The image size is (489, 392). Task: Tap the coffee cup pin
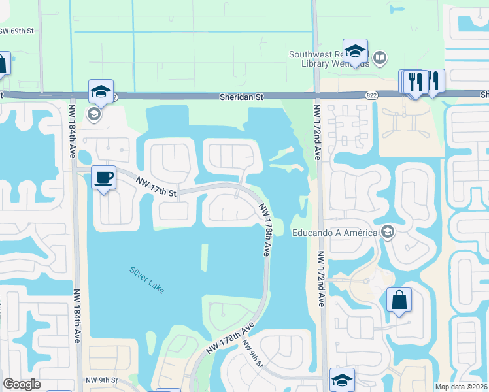(104, 178)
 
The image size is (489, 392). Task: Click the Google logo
(22, 384)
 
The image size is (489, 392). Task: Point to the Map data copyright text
(462, 387)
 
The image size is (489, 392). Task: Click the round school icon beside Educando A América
(388, 233)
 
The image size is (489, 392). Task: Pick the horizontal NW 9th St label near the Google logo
(101, 380)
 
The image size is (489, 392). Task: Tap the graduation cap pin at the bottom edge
(343, 380)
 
